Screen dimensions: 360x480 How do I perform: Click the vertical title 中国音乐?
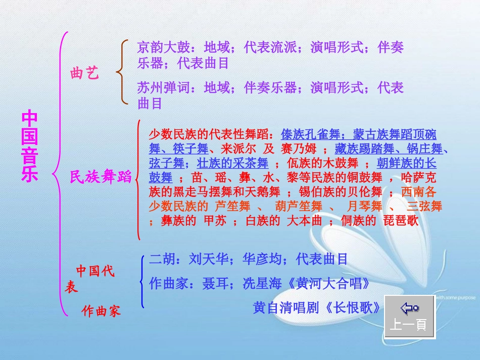click(x=29, y=147)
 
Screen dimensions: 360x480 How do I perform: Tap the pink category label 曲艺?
click(x=84, y=74)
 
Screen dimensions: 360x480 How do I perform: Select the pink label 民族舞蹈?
click(x=101, y=177)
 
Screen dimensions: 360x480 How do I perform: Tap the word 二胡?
click(x=162, y=260)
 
